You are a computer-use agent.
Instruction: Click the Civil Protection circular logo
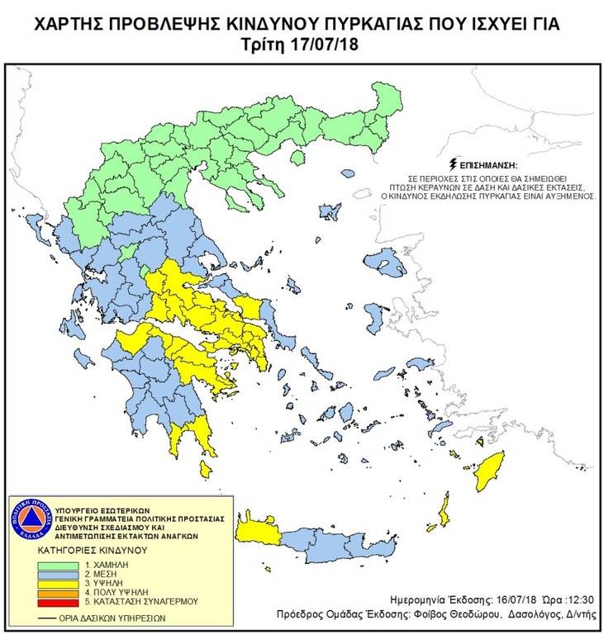point(29,519)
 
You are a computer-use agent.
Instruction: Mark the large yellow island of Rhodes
point(495,470)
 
